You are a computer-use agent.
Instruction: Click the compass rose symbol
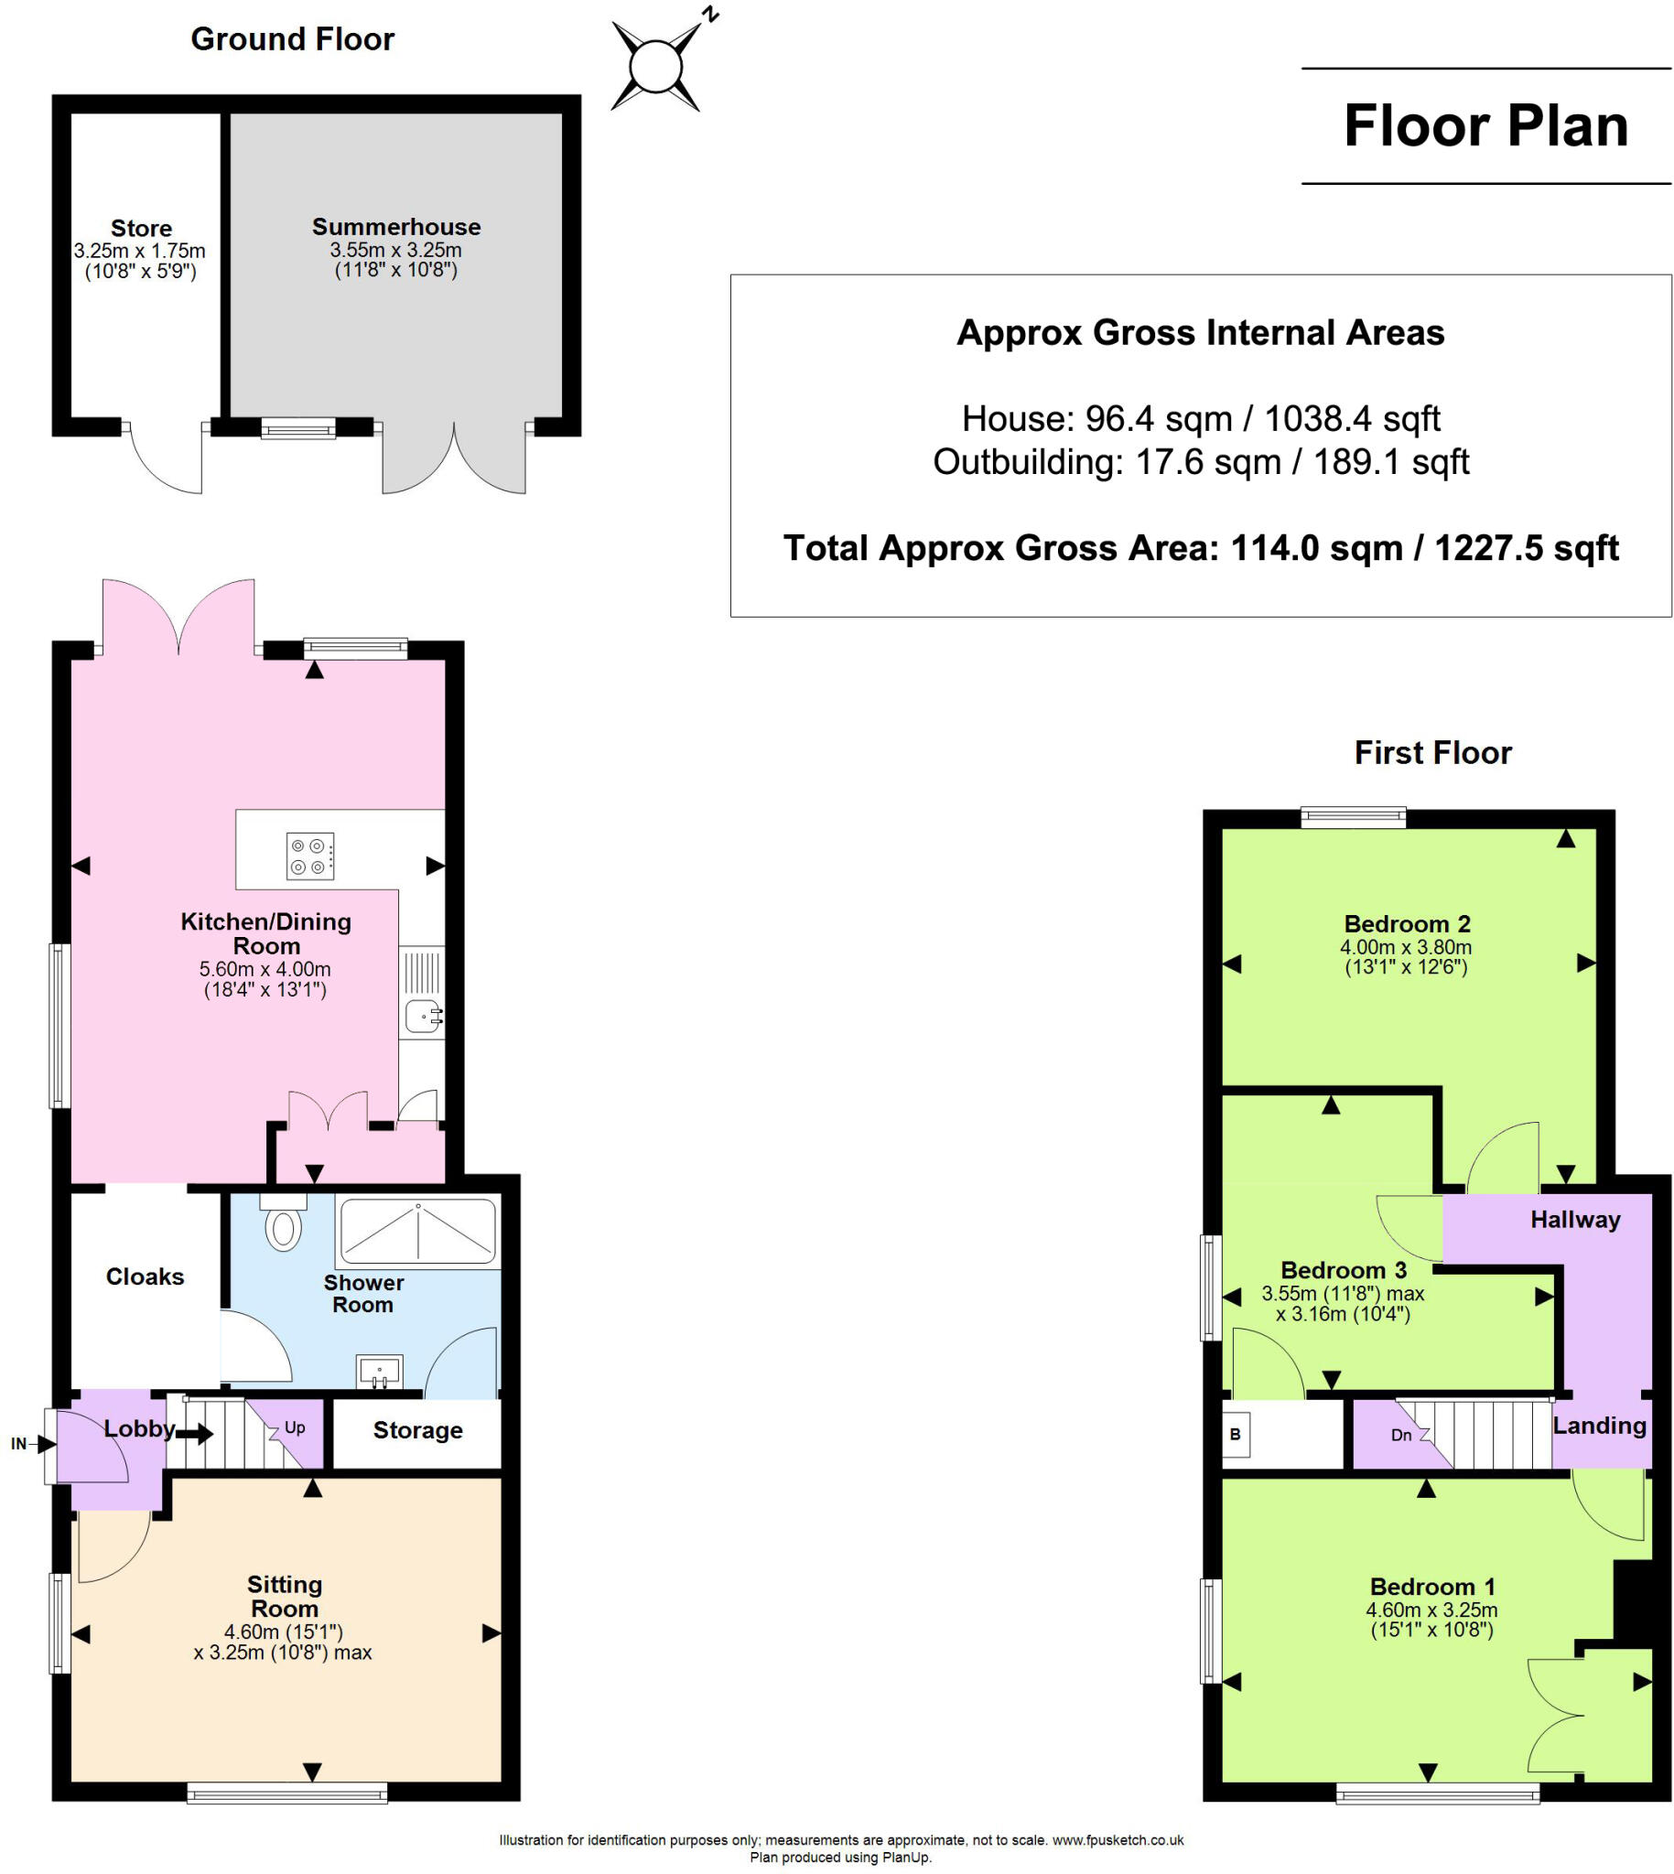[x=657, y=66]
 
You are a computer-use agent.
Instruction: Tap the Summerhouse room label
[x=395, y=227]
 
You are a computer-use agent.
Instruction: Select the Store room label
[x=141, y=228]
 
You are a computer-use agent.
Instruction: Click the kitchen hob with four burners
[x=310, y=856]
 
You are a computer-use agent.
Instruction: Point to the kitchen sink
[x=423, y=1017]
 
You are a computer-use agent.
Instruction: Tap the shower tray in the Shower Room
[x=417, y=1232]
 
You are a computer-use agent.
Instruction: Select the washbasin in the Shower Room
[x=379, y=1371]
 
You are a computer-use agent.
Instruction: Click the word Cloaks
[x=145, y=1276]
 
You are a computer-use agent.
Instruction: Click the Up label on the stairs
[x=295, y=1427]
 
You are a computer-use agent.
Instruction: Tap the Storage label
[x=417, y=1430]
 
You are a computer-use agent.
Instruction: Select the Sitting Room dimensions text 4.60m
[x=284, y=1632]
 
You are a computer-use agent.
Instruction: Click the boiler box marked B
[x=1236, y=1435]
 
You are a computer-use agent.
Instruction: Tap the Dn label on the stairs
[x=1401, y=1435]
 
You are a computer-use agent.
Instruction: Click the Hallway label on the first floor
[x=1574, y=1220]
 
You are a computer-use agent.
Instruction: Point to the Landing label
[x=1599, y=1426]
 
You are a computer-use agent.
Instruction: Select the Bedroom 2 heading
[x=1407, y=923]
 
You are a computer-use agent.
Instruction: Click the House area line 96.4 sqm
[x=1200, y=418]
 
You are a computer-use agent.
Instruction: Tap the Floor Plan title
[x=1485, y=126]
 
